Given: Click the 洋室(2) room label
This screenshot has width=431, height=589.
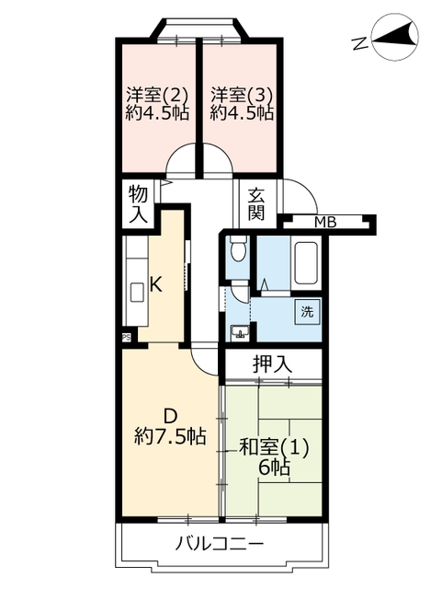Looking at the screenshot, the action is click(x=156, y=95).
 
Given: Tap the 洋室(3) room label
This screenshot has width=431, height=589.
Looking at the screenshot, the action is click(x=241, y=95).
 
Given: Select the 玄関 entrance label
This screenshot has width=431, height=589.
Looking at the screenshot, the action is click(x=256, y=204).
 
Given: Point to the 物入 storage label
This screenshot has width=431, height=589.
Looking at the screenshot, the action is click(x=138, y=204).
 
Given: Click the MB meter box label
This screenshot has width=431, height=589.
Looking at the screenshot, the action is click(x=325, y=223).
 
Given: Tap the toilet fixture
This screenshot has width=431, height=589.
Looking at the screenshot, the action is click(x=238, y=248).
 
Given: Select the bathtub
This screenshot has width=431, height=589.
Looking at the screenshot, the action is click(x=306, y=263).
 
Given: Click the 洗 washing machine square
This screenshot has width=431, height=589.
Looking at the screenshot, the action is click(x=307, y=312).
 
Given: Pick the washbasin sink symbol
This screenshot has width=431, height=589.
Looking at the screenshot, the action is click(x=240, y=332).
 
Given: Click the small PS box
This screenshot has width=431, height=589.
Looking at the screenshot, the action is click(x=126, y=338).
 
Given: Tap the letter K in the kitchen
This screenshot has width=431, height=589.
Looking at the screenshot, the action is click(x=155, y=284).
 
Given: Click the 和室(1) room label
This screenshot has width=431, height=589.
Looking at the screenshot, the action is click(x=274, y=448).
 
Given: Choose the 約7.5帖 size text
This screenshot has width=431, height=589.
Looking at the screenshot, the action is click(x=170, y=437).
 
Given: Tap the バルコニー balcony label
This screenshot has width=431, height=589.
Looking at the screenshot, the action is click(x=220, y=544).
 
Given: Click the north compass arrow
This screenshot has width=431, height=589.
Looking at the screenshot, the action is click(x=394, y=37).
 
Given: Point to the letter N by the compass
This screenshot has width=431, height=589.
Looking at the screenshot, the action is click(x=360, y=43).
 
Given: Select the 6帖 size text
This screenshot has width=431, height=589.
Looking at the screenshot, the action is click(x=274, y=468).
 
